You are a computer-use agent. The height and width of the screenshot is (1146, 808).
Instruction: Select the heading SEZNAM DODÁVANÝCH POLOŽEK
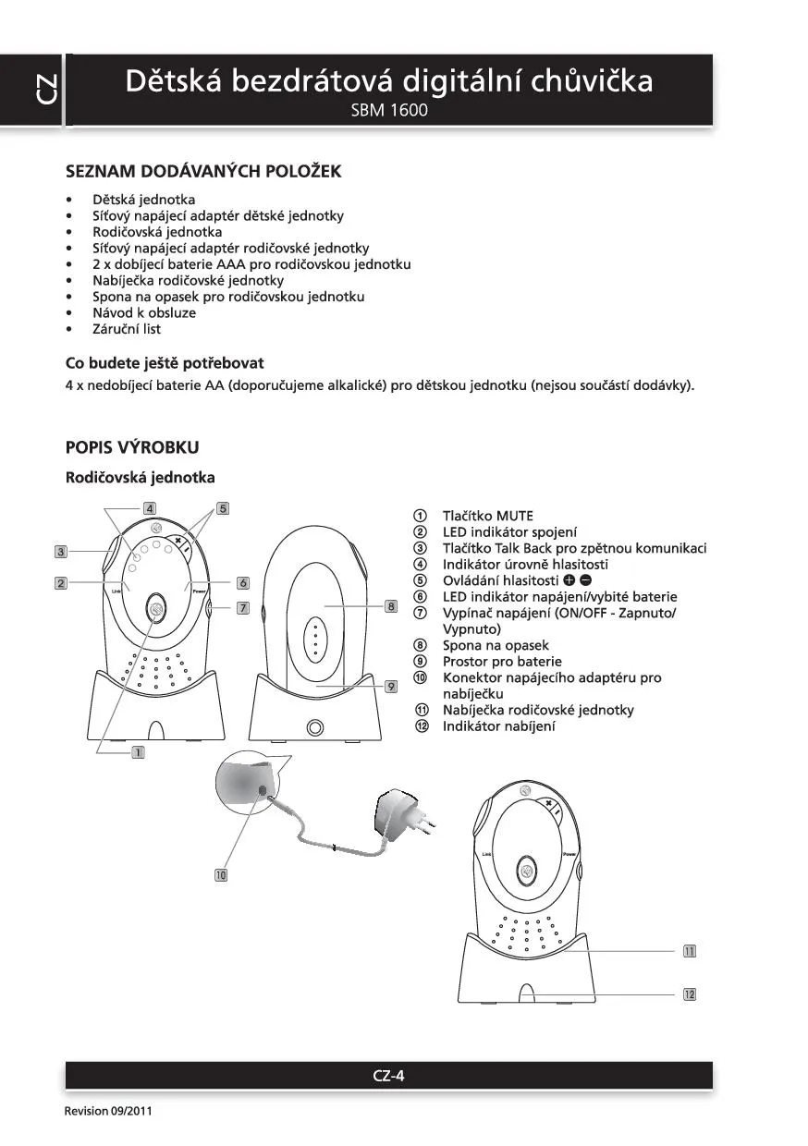click(x=203, y=172)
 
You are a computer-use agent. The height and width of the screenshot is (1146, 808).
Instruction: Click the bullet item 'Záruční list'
click(x=127, y=329)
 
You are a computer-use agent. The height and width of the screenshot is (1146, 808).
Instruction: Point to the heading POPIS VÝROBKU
click(x=132, y=447)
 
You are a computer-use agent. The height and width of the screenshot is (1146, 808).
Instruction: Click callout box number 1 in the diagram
click(x=138, y=752)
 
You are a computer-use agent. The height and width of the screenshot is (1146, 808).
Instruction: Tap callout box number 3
click(x=60, y=552)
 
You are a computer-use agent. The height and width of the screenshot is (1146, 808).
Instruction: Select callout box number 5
click(x=223, y=508)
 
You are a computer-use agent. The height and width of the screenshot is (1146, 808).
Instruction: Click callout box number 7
click(x=242, y=608)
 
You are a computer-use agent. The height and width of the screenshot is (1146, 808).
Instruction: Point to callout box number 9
click(x=391, y=686)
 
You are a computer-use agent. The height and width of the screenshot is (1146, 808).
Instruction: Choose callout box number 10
click(x=221, y=874)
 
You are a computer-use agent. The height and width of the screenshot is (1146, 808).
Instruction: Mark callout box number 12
click(x=689, y=994)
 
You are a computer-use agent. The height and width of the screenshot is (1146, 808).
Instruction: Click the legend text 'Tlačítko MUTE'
click(x=487, y=516)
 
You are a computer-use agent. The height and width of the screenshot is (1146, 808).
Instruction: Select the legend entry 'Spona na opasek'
click(x=495, y=645)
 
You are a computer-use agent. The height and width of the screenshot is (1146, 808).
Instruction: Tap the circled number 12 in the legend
click(x=421, y=726)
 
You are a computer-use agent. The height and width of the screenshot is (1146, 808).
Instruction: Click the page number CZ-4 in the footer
click(x=388, y=1075)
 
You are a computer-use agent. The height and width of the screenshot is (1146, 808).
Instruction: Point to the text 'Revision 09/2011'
click(x=105, y=1111)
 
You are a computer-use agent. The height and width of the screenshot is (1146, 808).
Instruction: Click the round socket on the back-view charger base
click(x=315, y=727)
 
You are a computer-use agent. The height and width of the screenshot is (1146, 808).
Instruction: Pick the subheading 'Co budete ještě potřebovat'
click(x=171, y=363)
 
